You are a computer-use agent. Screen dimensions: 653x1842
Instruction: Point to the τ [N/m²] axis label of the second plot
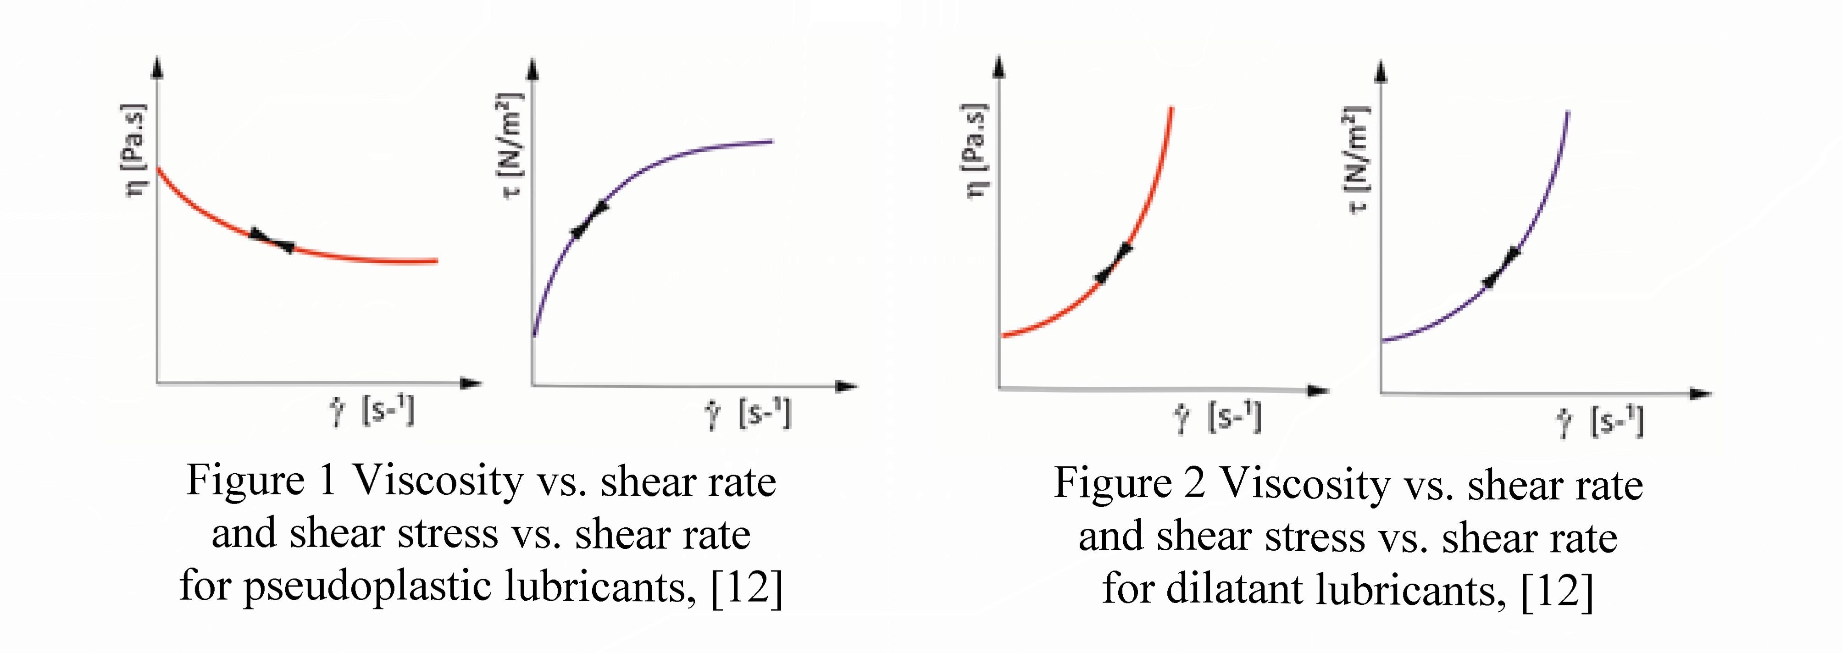(x=512, y=147)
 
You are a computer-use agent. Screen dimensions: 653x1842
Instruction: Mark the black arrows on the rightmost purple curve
(x=1502, y=268)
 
